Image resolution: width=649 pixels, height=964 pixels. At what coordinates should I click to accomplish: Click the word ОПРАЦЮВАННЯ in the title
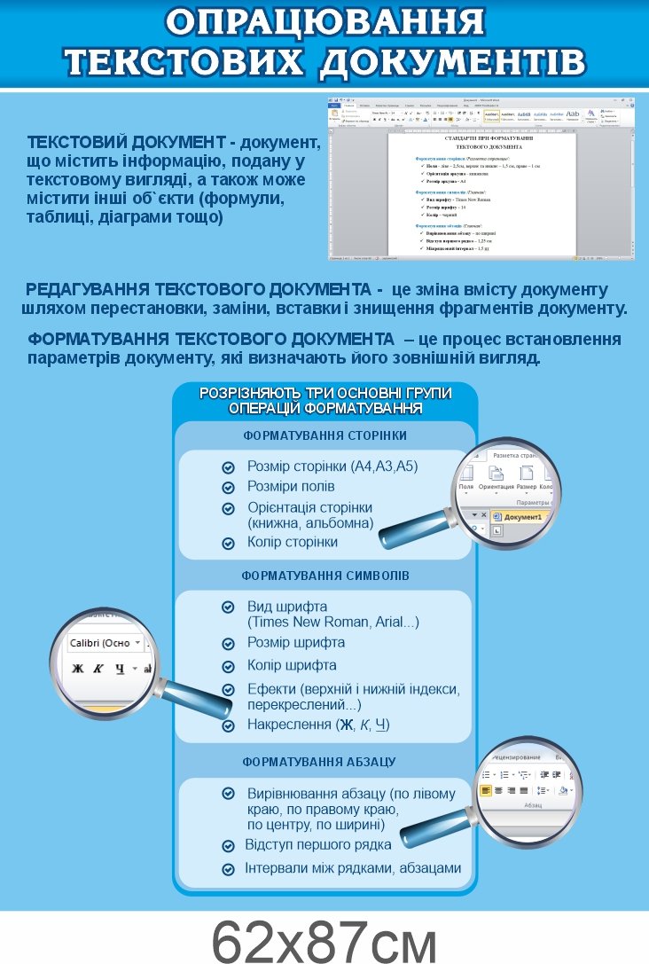[x=324, y=22]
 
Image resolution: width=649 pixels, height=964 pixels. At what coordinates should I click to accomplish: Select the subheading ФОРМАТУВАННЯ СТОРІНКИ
[x=324, y=435]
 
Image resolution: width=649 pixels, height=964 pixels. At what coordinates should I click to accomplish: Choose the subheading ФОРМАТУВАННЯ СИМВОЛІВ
[x=325, y=576]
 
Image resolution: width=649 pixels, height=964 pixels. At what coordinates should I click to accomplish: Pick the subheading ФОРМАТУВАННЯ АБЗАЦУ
[x=319, y=762]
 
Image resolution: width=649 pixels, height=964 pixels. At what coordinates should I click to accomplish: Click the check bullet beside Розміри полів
[x=229, y=487]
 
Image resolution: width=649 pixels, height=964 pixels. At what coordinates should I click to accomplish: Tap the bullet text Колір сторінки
[x=293, y=542]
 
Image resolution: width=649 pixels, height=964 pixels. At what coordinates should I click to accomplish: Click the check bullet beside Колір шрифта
[x=229, y=666]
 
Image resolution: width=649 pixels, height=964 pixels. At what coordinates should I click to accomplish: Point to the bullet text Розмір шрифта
[x=296, y=642]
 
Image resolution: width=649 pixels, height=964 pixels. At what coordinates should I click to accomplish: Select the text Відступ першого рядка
[x=318, y=843]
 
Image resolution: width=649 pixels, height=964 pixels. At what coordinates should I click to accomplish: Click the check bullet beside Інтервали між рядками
[x=229, y=868]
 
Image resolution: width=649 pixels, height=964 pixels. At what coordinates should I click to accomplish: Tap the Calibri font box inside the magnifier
[x=100, y=643]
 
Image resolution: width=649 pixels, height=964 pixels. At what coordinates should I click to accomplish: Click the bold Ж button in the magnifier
[x=77, y=668]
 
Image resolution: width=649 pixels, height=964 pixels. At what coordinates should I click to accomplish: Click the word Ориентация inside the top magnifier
[x=496, y=487]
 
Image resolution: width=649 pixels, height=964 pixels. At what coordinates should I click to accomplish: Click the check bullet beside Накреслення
[x=229, y=725]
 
